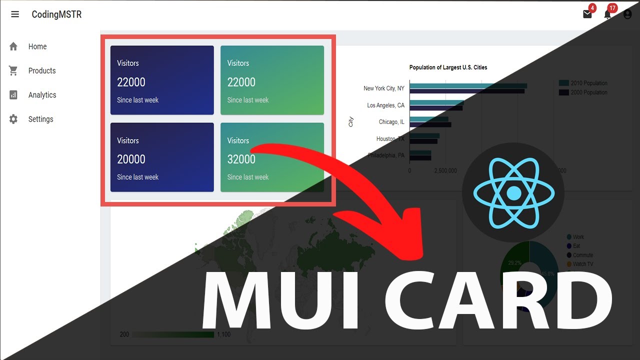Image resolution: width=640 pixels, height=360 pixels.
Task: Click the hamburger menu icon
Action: pyautogui.click(x=15, y=14)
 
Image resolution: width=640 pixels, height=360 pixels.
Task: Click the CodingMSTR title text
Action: pyautogui.click(x=56, y=14)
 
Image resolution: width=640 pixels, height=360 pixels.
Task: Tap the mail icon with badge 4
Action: pyautogui.click(x=587, y=14)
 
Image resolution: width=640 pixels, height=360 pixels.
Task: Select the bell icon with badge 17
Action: pyautogui.click(x=607, y=14)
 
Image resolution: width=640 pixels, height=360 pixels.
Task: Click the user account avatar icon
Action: pyautogui.click(x=627, y=14)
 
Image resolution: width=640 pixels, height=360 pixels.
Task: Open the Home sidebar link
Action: pyautogui.click(x=37, y=46)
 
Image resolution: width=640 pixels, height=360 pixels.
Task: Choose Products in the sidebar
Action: pyautogui.click(x=41, y=70)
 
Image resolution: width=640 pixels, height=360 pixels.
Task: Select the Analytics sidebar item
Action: pyautogui.click(x=42, y=95)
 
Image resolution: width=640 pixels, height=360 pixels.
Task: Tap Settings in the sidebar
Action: pyautogui.click(x=40, y=119)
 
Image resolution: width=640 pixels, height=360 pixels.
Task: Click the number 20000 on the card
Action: pyautogui.click(x=131, y=159)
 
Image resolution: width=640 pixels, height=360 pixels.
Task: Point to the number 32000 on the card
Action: pyautogui.click(x=241, y=159)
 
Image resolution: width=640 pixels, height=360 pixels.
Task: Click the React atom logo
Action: pyautogui.click(x=513, y=192)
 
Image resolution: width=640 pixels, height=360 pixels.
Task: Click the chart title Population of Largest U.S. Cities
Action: pyautogui.click(x=448, y=67)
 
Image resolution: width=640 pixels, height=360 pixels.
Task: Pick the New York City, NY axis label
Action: pyautogui.click(x=383, y=88)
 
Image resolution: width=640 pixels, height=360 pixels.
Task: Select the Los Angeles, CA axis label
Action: pyautogui.click(x=385, y=105)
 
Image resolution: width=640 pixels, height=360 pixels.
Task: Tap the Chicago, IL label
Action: pyautogui.click(x=391, y=122)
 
